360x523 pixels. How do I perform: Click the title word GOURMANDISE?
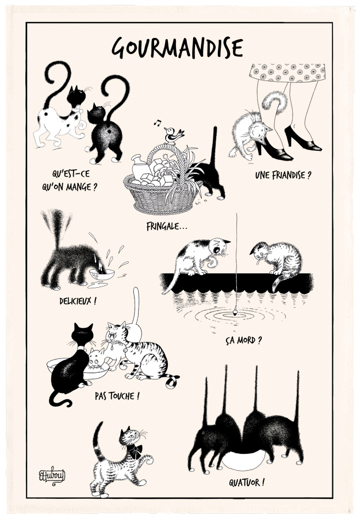pyautogui.click(x=177, y=48)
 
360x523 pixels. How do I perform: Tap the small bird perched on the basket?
pyautogui.click(x=174, y=134)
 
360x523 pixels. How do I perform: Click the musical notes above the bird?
pyautogui.click(x=158, y=122)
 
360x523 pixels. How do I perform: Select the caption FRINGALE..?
pyautogui.click(x=167, y=227)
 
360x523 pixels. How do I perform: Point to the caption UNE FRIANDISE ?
pyautogui.click(x=283, y=175)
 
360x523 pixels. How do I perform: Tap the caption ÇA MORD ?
pyautogui.click(x=243, y=341)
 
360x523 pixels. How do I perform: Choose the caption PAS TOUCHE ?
pyautogui.click(x=117, y=396)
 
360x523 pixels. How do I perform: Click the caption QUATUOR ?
pyautogui.click(x=247, y=482)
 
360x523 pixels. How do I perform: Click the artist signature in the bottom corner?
pyautogui.click(x=52, y=476)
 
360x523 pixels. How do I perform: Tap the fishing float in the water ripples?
pyautogui.click(x=236, y=312)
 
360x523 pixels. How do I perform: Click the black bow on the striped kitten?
pyautogui.click(x=135, y=451)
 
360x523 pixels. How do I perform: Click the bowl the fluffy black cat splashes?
pyautogui.click(x=102, y=275)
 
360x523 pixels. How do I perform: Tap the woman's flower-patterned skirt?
pyautogui.click(x=287, y=72)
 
